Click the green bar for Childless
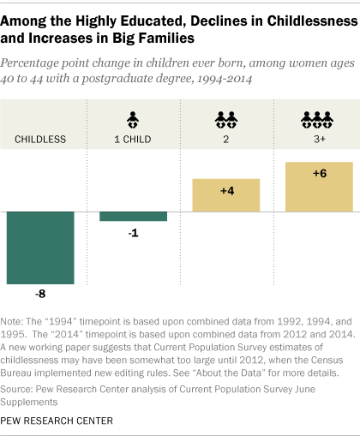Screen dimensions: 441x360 [x=40, y=247]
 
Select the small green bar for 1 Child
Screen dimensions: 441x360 [x=132, y=216]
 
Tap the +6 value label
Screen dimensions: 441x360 [x=319, y=173]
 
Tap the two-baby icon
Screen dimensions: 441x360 [x=225, y=118]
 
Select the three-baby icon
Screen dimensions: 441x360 [x=319, y=118]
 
